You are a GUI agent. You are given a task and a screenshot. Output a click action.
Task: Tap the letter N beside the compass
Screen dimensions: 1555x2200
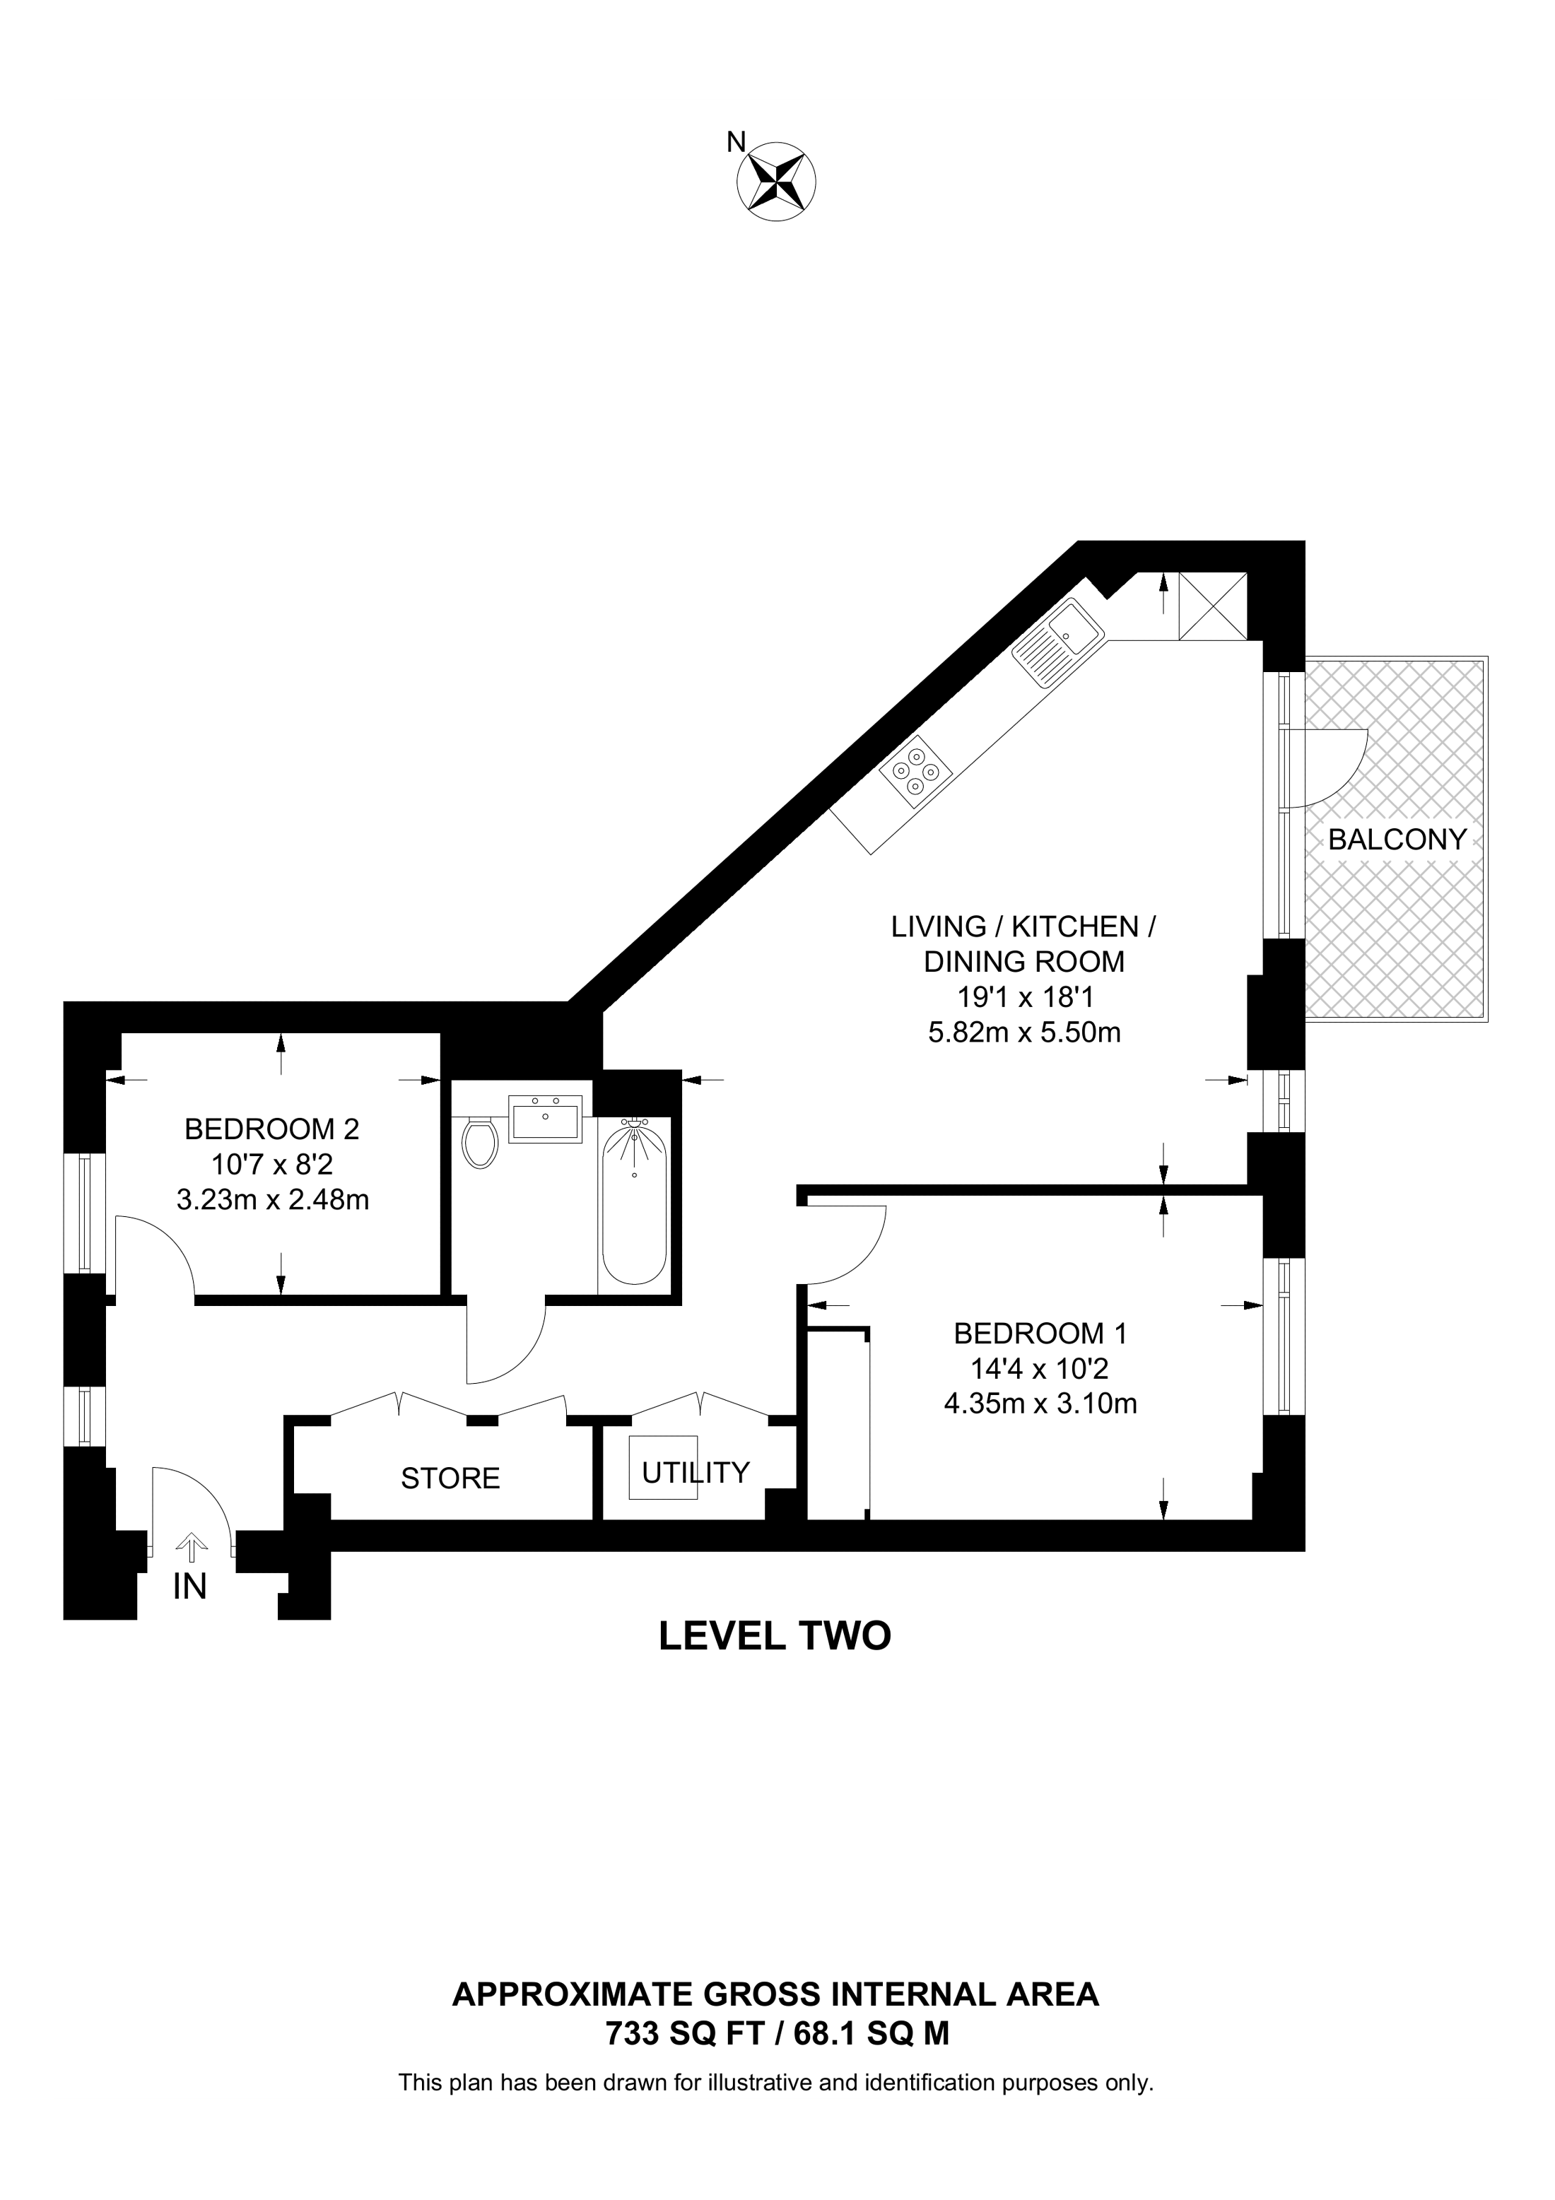(736, 142)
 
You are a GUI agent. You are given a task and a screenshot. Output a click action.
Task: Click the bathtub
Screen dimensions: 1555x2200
(633, 1203)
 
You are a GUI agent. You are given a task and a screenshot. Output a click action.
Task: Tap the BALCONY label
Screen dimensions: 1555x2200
(1397, 840)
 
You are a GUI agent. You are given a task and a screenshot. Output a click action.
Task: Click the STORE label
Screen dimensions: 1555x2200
(450, 1478)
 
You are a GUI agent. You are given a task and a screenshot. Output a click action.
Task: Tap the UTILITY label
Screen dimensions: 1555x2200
(696, 1472)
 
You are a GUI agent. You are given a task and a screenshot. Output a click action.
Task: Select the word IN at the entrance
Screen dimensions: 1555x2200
(189, 1588)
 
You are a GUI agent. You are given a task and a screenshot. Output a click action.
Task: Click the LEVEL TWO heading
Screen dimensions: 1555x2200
(775, 1635)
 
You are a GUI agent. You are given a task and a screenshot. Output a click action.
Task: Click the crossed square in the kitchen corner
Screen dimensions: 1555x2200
(1213, 606)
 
